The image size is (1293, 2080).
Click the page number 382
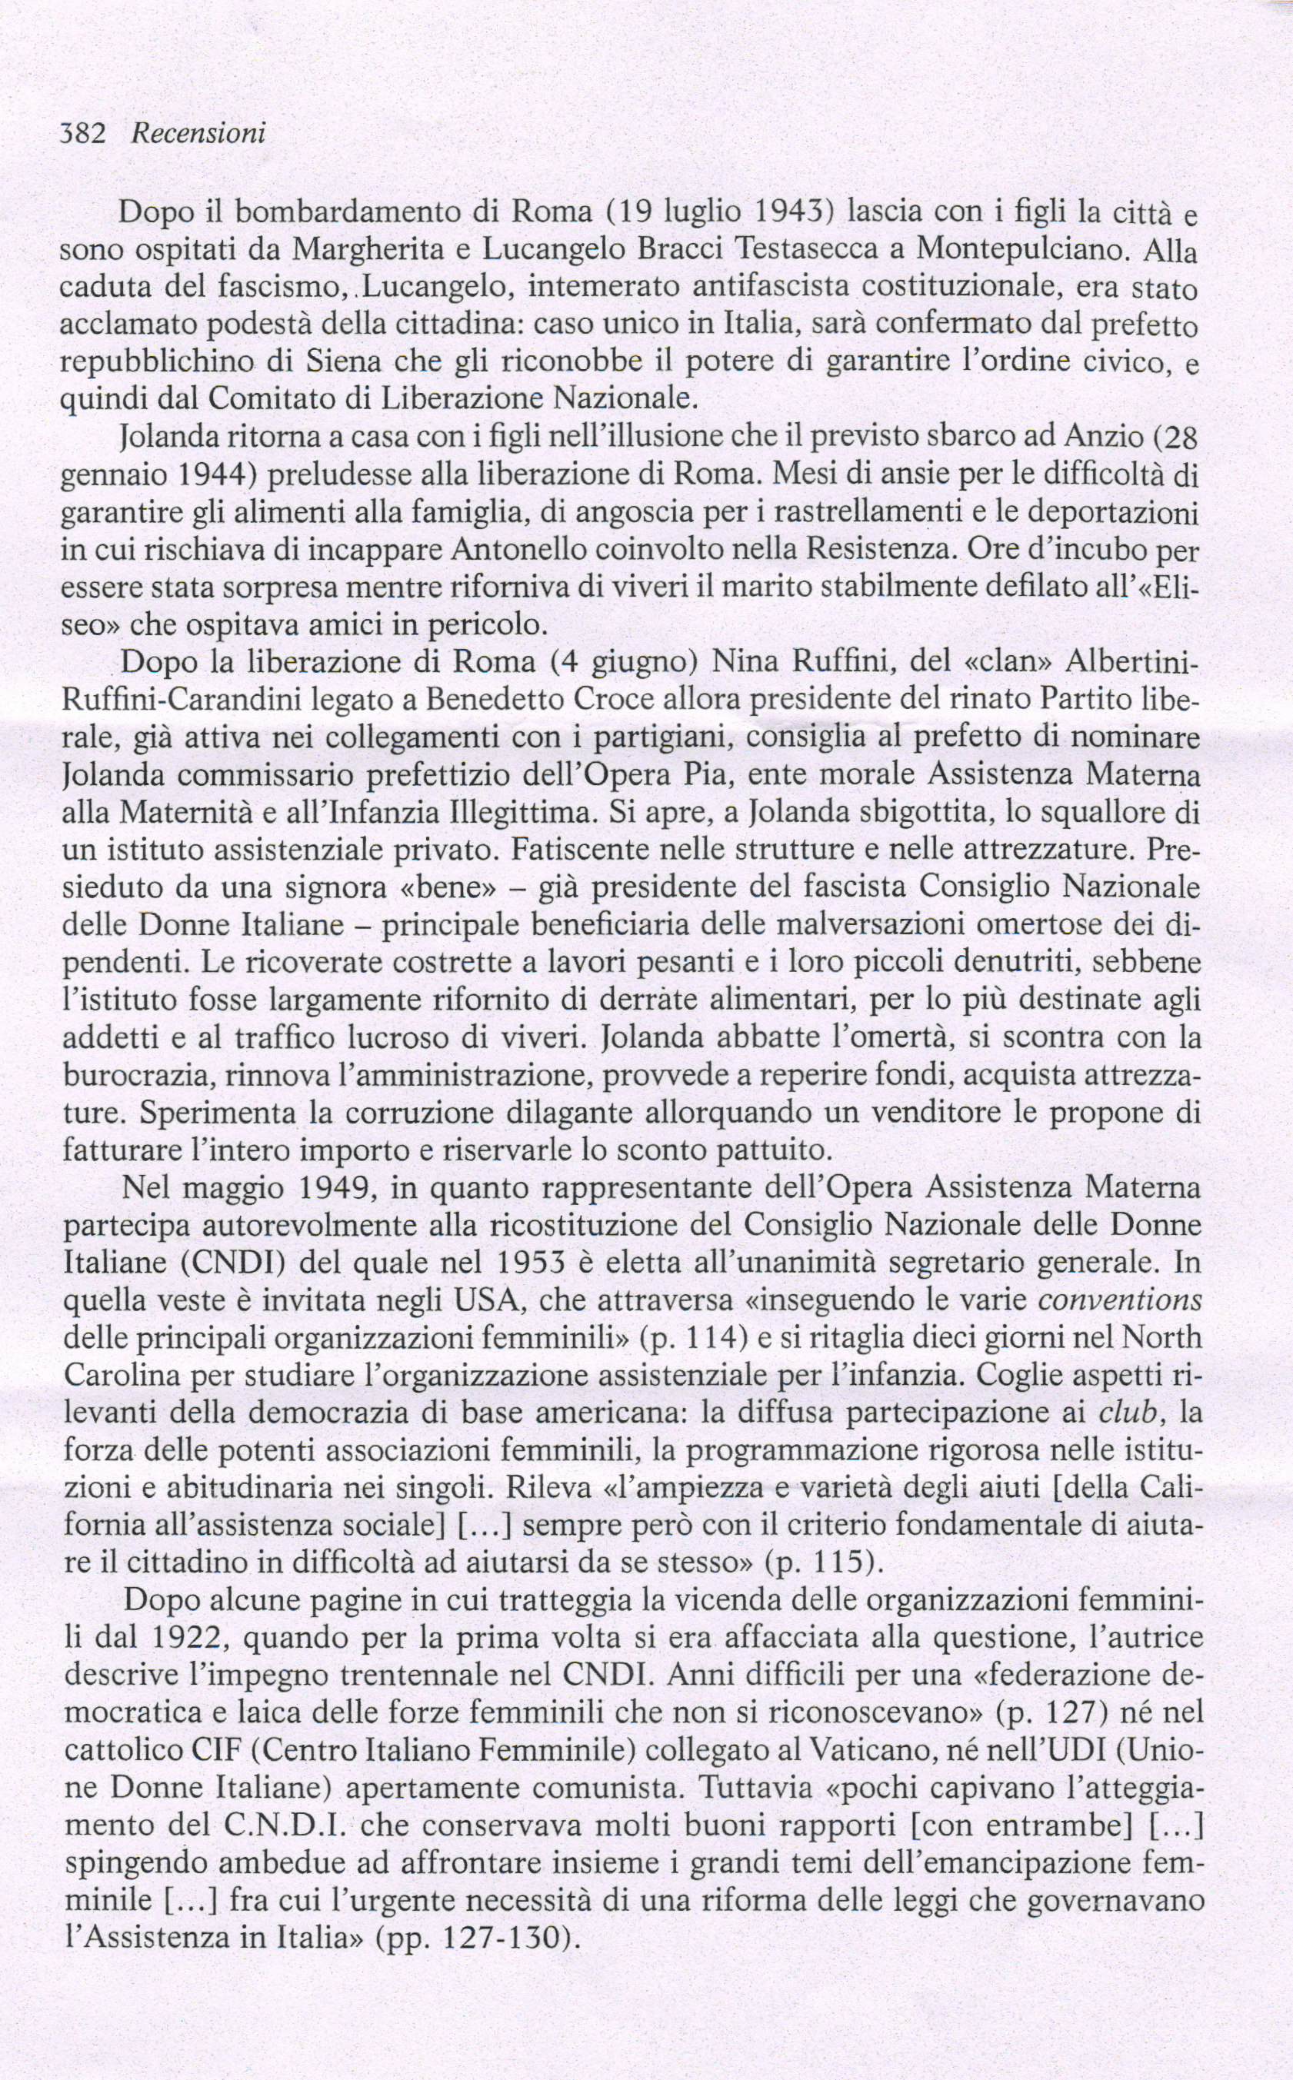coord(82,133)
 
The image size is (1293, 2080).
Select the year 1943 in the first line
coord(779,211)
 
